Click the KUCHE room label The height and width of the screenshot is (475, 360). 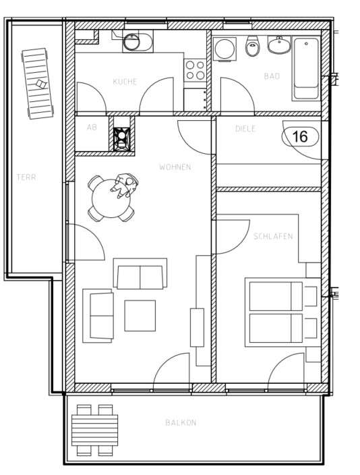(125, 82)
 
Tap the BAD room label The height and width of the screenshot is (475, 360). (272, 77)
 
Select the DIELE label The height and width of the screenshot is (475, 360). (245, 128)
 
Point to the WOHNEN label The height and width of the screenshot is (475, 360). (175, 167)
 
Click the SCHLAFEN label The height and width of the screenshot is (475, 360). (273, 237)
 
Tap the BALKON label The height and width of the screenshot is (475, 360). (181, 423)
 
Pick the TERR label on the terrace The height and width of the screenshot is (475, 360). (26, 177)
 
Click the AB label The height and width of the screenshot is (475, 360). (92, 127)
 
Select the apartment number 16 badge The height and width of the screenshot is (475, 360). (299, 136)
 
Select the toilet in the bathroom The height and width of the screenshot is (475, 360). (253, 47)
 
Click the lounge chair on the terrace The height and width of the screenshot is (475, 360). (38, 82)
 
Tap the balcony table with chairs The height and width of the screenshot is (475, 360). (94, 429)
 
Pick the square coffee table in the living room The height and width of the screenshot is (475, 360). (140, 315)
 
